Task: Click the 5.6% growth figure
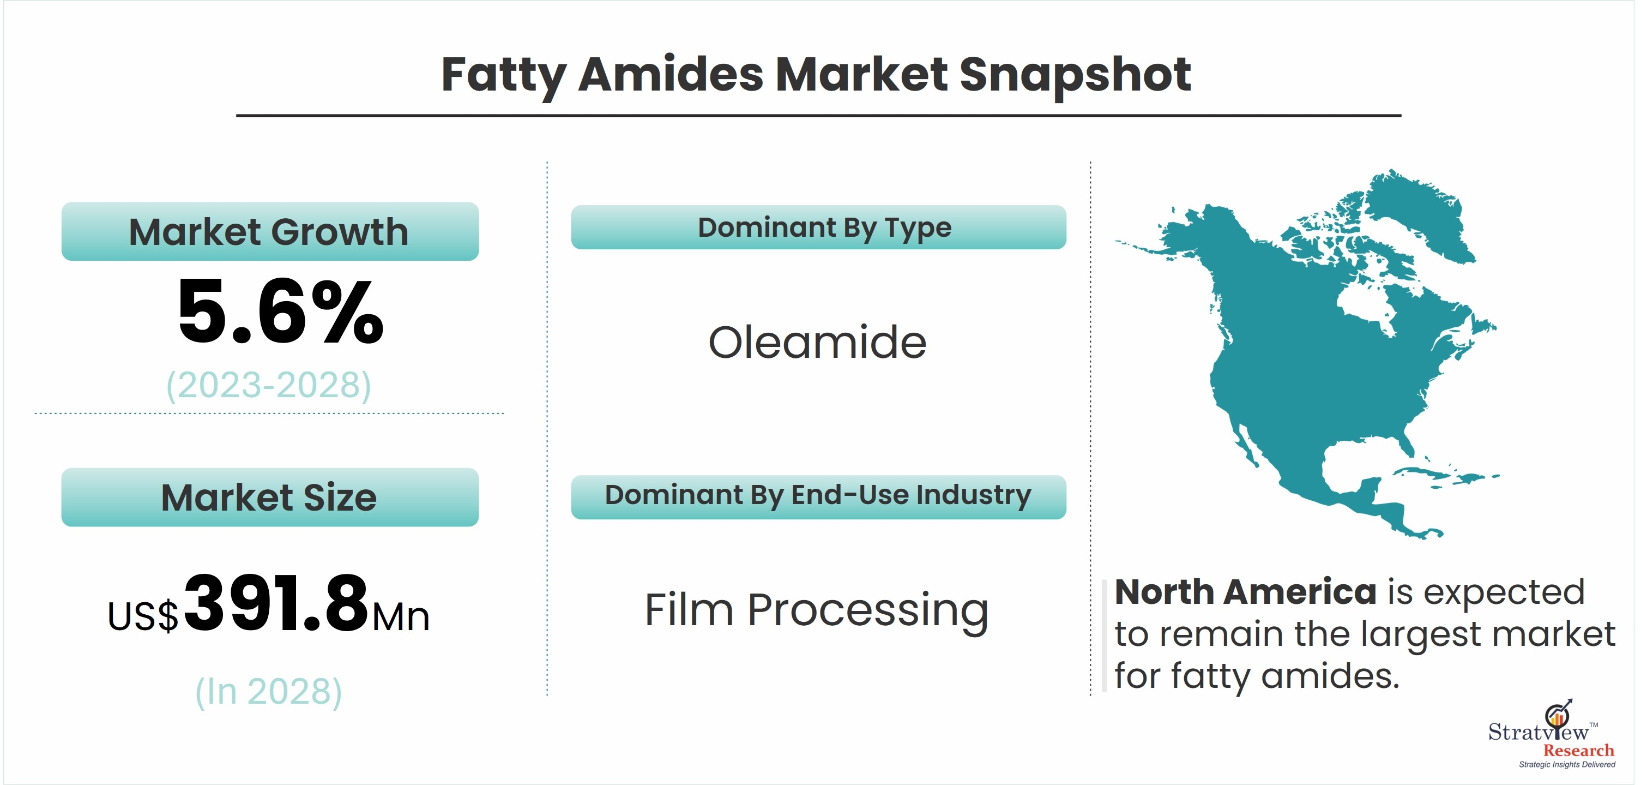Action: (x=280, y=312)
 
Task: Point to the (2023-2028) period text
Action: (x=269, y=385)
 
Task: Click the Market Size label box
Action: (x=270, y=497)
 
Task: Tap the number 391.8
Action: (x=276, y=603)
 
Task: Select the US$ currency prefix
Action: (x=143, y=616)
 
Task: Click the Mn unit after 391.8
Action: (x=401, y=618)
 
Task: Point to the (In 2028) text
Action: (x=269, y=692)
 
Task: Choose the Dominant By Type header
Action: (x=818, y=227)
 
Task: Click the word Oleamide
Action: (x=817, y=342)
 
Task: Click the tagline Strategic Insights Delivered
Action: (x=1567, y=764)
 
